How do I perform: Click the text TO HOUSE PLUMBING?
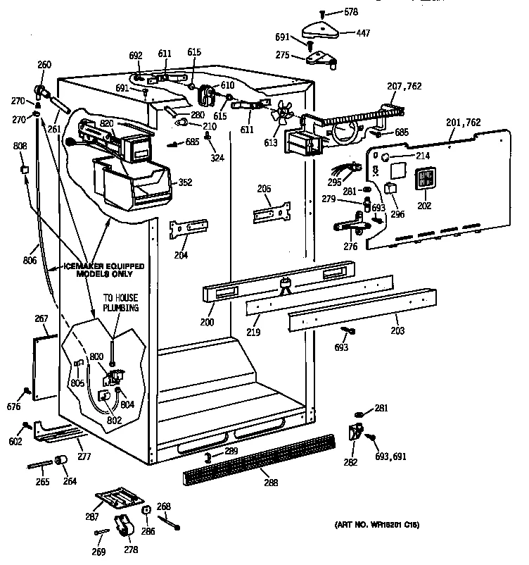[x=122, y=303]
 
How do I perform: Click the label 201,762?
[x=464, y=122]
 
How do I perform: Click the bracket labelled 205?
[x=272, y=213]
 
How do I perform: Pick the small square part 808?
[x=25, y=169]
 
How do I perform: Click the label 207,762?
[x=404, y=87]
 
